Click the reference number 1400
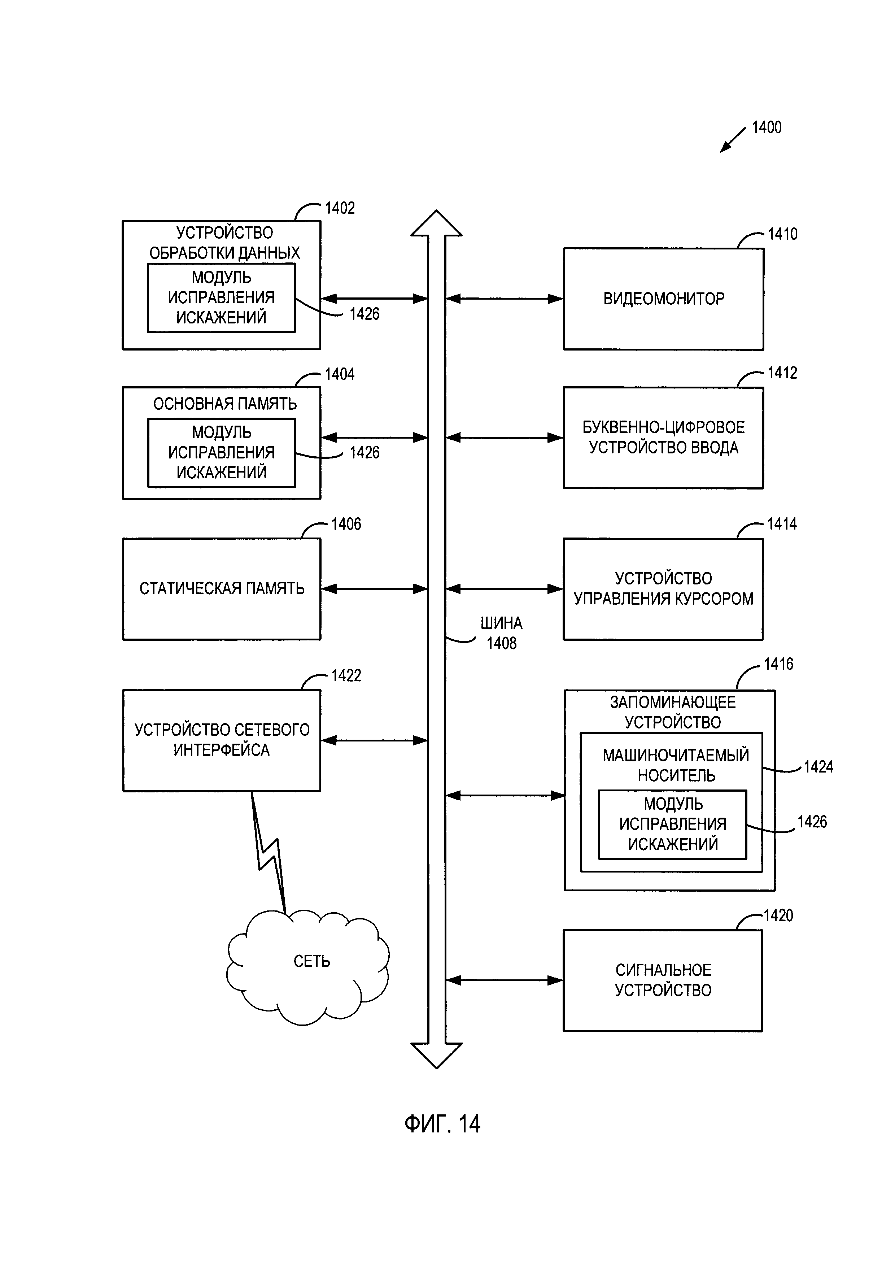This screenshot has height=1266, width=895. pyautogui.click(x=766, y=128)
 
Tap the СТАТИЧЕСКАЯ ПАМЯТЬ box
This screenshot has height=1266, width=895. pyautogui.click(x=222, y=589)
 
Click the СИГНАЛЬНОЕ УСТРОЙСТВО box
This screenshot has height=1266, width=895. pyautogui.click(x=663, y=980)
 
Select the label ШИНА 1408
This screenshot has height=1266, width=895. pyautogui.click(x=501, y=633)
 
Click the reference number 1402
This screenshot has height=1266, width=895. pyautogui.click(x=340, y=208)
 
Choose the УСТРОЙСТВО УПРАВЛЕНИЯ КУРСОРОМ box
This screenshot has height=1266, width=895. pyautogui.click(x=663, y=589)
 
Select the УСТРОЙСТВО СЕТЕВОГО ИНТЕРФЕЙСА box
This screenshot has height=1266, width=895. pyautogui.click(x=222, y=740)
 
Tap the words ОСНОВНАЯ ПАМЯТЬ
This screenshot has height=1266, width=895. pyautogui.click(x=225, y=404)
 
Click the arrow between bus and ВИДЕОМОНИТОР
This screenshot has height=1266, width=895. pyautogui.click(x=504, y=299)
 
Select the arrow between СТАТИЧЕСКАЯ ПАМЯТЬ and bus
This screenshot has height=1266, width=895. pyautogui.click(x=375, y=589)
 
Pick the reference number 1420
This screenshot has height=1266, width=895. pyautogui.click(x=778, y=916)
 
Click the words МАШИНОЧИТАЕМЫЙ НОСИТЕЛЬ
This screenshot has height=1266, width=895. pyautogui.click(x=676, y=765)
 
